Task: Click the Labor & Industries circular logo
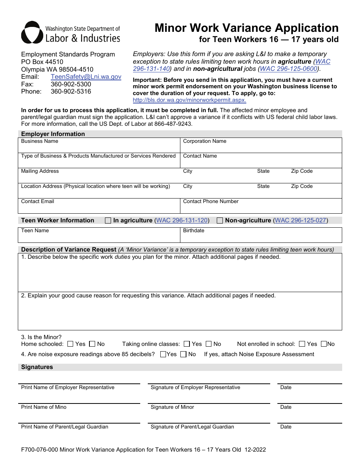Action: [x=32, y=33]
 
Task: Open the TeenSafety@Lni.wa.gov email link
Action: [x=86, y=77]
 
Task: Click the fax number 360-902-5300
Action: [x=71, y=84]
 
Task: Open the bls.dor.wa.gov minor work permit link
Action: [x=189, y=100]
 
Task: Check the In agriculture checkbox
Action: [x=108, y=220]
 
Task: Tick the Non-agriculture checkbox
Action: [x=220, y=220]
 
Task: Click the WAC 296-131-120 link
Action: [x=182, y=220]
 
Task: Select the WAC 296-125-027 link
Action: [x=301, y=220]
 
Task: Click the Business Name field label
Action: [x=40, y=141]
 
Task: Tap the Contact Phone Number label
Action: [x=211, y=202]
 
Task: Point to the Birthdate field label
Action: [x=194, y=231]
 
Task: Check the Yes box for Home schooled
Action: [x=70, y=344]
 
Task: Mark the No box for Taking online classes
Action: [x=209, y=344]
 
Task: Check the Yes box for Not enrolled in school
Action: [x=302, y=344]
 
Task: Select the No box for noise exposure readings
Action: [x=183, y=354]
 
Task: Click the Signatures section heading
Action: [x=37, y=367]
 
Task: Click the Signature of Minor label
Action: [x=172, y=407]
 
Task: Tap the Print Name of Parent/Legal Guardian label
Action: [x=64, y=427]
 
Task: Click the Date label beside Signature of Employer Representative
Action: [x=286, y=388]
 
